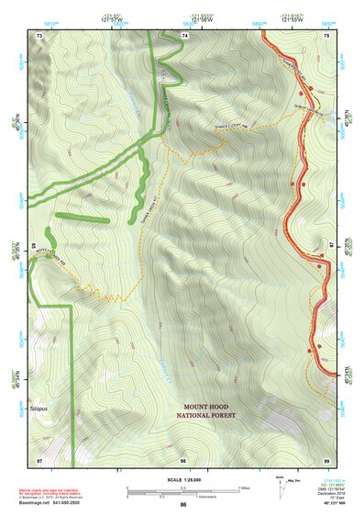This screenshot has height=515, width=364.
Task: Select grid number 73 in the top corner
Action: click(x=39, y=34)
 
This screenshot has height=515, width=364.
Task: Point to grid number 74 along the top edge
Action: click(x=184, y=34)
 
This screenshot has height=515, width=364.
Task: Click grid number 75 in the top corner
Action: click(x=325, y=34)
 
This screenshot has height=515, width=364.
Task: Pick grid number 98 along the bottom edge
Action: click(x=183, y=460)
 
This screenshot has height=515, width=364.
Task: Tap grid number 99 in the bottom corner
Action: click(x=325, y=460)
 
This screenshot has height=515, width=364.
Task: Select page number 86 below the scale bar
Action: click(x=183, y=505)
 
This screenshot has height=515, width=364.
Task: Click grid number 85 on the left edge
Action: click(x=34, y=246)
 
